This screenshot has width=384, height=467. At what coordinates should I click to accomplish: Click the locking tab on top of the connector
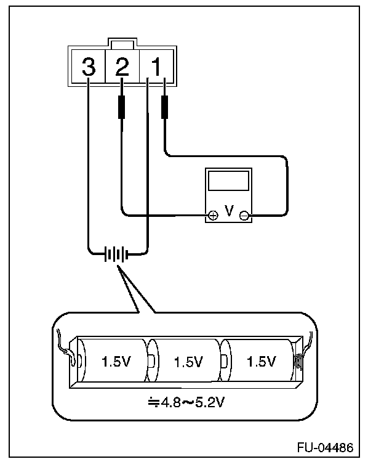[122, 44]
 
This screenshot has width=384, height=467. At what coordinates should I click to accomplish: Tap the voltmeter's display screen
[228, 181]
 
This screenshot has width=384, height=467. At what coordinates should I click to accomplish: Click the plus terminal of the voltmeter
[213, 216]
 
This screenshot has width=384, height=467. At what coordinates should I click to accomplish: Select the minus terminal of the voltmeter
[244, 216]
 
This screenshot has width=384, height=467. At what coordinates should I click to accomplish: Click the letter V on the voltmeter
[229, 211]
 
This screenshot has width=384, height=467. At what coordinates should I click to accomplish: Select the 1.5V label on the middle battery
[188, 362]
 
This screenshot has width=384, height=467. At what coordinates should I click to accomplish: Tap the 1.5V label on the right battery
[262, 362]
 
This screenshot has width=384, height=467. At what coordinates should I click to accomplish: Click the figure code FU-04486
[326, 447]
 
